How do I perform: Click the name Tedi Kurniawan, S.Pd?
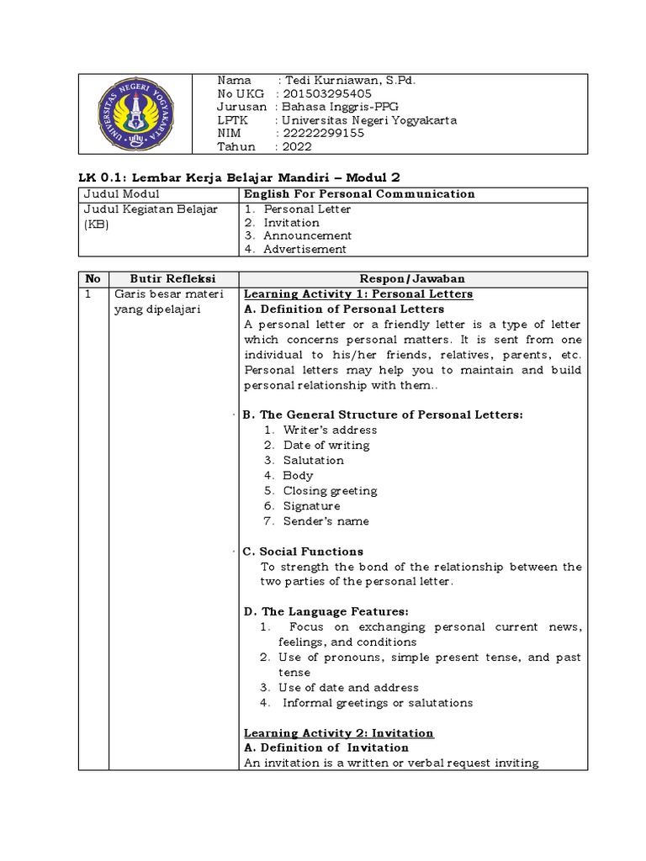pyautogui.click(x=352, y=81)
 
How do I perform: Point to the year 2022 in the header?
pyautogui.click(x=298, y=146)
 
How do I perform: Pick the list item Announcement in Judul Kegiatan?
pyautogui.click(x=307, y=236)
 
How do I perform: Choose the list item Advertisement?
pyautogui.click(x=304, y=249)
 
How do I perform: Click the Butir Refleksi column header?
pyautogui.click(x=173, y=279)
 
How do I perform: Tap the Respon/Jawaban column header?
pyautogui.click(x=413, y=279)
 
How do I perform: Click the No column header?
pyautogui.click(x=93, y=279)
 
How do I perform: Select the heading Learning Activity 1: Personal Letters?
pyautogui.click(x=358, y=294)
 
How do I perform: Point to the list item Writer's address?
pyautogui.click(x=330, y=430)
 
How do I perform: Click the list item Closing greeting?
pyautogui.click(x=330, y=491)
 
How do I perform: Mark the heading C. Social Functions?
pyautogui.click(x=303, y=552)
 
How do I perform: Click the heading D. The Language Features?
pyautogui.click(x=326, y=612)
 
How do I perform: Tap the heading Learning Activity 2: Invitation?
pyautogui.click(x=338, y=733)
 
